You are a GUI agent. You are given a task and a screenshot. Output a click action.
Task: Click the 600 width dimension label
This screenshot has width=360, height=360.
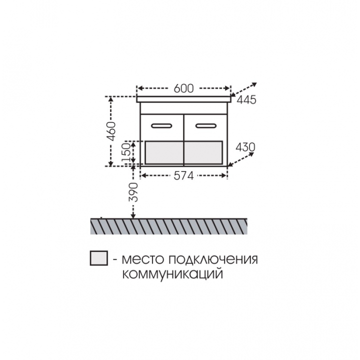coord(183,88)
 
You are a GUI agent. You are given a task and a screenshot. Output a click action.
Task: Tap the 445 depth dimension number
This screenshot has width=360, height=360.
coord(246,100)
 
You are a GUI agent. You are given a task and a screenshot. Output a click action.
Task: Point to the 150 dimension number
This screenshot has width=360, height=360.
coord(126,152)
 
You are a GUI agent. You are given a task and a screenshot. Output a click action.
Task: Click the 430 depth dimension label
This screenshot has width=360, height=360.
coord(245,147)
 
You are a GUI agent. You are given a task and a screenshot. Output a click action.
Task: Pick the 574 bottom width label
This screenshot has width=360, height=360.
coord(183,176)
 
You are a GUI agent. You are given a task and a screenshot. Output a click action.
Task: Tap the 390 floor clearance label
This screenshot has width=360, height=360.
coord(133,192)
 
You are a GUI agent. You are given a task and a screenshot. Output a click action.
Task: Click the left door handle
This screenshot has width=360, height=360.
coord(161,125)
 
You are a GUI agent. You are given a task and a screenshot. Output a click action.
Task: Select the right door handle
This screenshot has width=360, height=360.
coord(205,125)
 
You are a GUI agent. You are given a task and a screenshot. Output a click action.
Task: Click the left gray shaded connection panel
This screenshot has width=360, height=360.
coord(164,152)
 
